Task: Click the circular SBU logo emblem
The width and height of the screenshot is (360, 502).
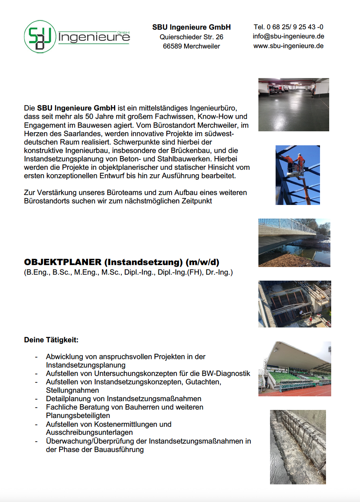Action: (x=40, y=37)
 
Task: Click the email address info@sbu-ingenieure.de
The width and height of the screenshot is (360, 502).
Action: (x=288, y=36)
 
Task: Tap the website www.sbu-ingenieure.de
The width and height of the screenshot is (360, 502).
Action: (x=288, y=46)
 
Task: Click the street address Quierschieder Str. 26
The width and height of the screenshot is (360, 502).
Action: (x=191, y=37)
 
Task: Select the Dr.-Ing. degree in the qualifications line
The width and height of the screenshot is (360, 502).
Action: (x=220, y=273)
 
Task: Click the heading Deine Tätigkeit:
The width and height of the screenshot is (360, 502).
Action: (x=51, y=340)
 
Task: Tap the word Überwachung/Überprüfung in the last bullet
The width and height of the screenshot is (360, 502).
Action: (x=96, y=441)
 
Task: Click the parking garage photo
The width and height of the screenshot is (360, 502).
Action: (x=294, y=104)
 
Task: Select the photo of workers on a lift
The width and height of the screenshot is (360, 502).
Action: (x=298, y=175)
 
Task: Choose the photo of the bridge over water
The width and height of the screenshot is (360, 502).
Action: (x=294, y=243)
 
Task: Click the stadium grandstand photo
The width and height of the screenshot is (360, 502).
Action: (x=294, y=369)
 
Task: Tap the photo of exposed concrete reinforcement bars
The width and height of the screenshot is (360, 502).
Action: (x=298, y=447)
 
